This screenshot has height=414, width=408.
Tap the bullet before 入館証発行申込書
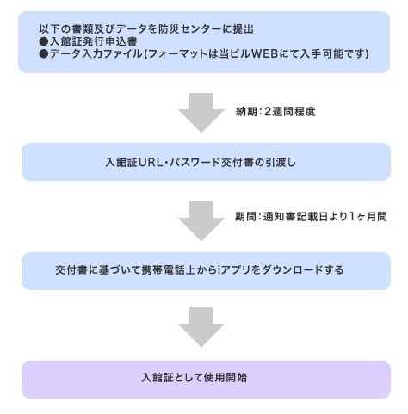[x=44, y=41]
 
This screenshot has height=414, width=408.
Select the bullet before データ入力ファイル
[x=44, y=53]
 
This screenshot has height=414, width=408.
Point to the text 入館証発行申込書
[x=94, y=41]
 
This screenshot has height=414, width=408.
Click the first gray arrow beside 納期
[x=201, y=113]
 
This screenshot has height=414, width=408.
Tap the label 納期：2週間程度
[x=275, y=112]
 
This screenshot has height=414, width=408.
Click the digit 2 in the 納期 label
[x=268, y=112]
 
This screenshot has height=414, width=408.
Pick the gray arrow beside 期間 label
[x=201, y=221]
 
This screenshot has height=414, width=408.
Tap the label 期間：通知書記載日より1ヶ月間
[x=311, y=216]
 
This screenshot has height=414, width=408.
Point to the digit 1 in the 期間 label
[x=352, y=216]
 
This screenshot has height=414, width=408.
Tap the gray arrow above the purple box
[x=201, y=327]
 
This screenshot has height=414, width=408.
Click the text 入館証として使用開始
[x=195, y=378]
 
